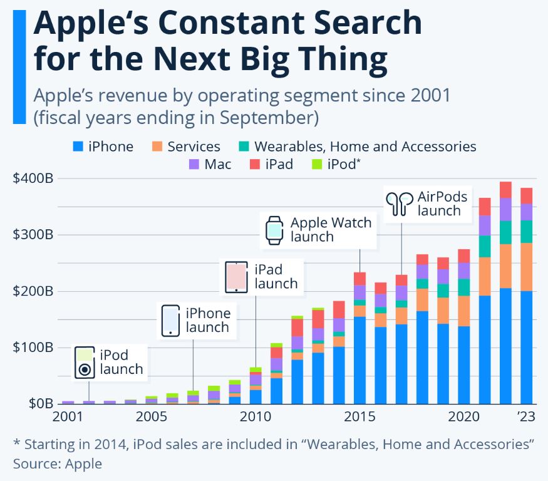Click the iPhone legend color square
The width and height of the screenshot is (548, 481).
(x=78, y=147)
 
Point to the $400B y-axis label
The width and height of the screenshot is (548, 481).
(x=33, y=178)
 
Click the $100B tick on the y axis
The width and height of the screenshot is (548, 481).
(x=33, y=348)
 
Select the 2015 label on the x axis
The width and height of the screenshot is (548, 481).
(x=360, y=417)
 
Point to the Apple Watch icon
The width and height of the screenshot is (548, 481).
(x=274, y=230)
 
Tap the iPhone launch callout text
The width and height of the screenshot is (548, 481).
(x=208, y=320)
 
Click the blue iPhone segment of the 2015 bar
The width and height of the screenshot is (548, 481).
(x=360, y=360)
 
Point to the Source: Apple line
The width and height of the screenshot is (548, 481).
(x=57, y=463)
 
